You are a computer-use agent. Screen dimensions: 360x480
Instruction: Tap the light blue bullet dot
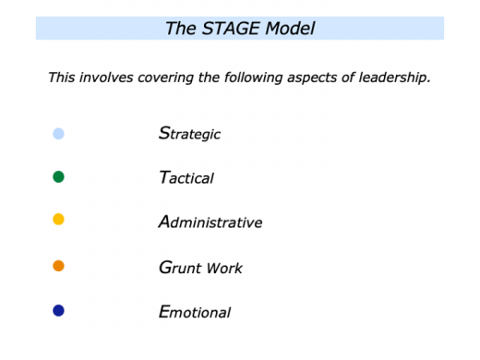(x=58, y=134)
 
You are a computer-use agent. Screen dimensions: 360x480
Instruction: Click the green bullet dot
(x=58, y=176)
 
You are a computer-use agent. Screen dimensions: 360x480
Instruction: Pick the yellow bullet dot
(x=58, y=220)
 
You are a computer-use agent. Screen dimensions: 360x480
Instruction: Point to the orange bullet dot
(x=58, y=266)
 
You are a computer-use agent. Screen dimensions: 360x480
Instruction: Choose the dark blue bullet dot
(x=58, y=310)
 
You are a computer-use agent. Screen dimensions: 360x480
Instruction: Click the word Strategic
(x=190, y=134)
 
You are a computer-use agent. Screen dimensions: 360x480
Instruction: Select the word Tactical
(x=186, y=178)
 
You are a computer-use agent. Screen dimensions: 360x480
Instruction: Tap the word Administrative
(x=211, y=222)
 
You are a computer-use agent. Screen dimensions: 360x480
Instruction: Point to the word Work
(x=225, y=269)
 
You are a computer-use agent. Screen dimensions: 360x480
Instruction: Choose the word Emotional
(x=195, y=312)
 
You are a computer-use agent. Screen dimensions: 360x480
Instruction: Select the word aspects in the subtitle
(x=318, y=78)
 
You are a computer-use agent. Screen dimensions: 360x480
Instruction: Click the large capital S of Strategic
(x=163, y=133)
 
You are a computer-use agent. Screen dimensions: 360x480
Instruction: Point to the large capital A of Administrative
(x=164, y=222)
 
